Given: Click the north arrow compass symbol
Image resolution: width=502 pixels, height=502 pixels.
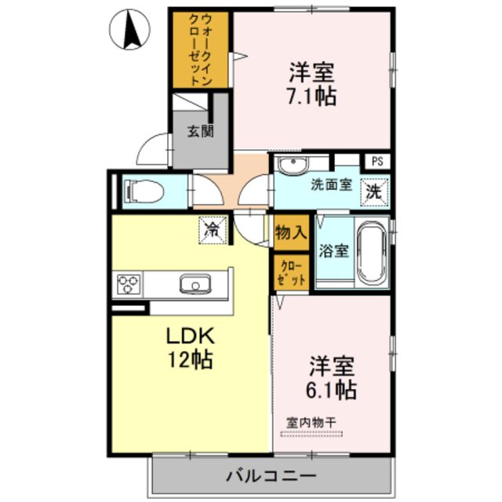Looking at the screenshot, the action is tap(129, 30).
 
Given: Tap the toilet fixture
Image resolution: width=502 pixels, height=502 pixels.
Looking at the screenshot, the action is tap(144, 191).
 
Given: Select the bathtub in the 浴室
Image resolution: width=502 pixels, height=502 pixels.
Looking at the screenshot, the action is tap(371, 253).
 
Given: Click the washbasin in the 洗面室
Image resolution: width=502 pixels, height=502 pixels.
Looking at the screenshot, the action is tap(293, 165).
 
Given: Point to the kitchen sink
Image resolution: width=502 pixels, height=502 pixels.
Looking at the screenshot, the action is tap(195, 284).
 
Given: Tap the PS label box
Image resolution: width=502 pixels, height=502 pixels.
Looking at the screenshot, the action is tap(377, 162).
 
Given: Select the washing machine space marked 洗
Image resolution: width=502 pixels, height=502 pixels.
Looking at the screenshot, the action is tap(374, 191).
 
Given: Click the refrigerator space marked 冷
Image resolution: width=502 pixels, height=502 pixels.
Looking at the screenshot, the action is tap(213, 230).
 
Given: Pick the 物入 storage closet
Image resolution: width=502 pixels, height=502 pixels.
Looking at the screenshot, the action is tap(291, 232).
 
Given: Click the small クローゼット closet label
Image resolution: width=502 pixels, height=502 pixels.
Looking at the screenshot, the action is tap(291, 274).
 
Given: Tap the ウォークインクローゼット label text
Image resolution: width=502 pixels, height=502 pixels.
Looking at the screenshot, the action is tap(201, 49).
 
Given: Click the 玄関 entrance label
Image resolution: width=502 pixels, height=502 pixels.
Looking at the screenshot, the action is tap(201, 131).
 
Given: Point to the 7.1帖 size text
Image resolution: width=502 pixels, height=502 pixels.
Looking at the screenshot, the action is tap(311, 96).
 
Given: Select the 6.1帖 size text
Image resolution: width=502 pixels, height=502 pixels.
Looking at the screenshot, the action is tap(331, 390).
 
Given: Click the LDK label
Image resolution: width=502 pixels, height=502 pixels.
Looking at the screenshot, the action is tap(190, 336).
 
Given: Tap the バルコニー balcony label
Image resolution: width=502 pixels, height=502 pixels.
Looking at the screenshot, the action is tap(271, 476).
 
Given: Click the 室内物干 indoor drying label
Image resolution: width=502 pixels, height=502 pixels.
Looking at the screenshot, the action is tap(311, 423).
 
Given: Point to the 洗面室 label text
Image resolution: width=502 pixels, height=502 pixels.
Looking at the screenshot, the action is tap(331, 185).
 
